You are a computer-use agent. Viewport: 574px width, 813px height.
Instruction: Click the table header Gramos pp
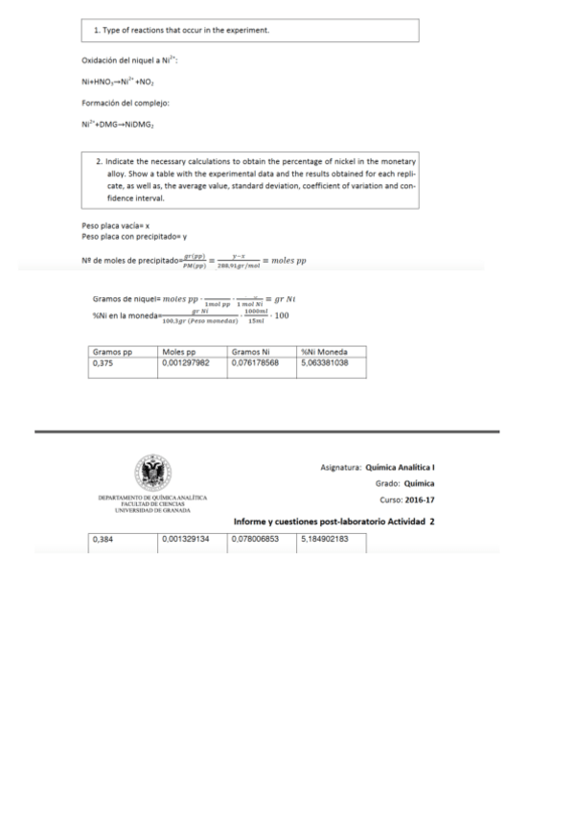pos(112,353)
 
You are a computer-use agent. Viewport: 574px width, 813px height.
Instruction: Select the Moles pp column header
pos(179,353)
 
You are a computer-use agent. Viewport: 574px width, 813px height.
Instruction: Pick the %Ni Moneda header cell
pos(324,353)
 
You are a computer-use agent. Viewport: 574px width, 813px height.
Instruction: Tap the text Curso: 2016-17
pos(407,499)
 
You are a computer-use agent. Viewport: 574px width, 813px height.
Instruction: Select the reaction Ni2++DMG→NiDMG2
pos(118,124)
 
